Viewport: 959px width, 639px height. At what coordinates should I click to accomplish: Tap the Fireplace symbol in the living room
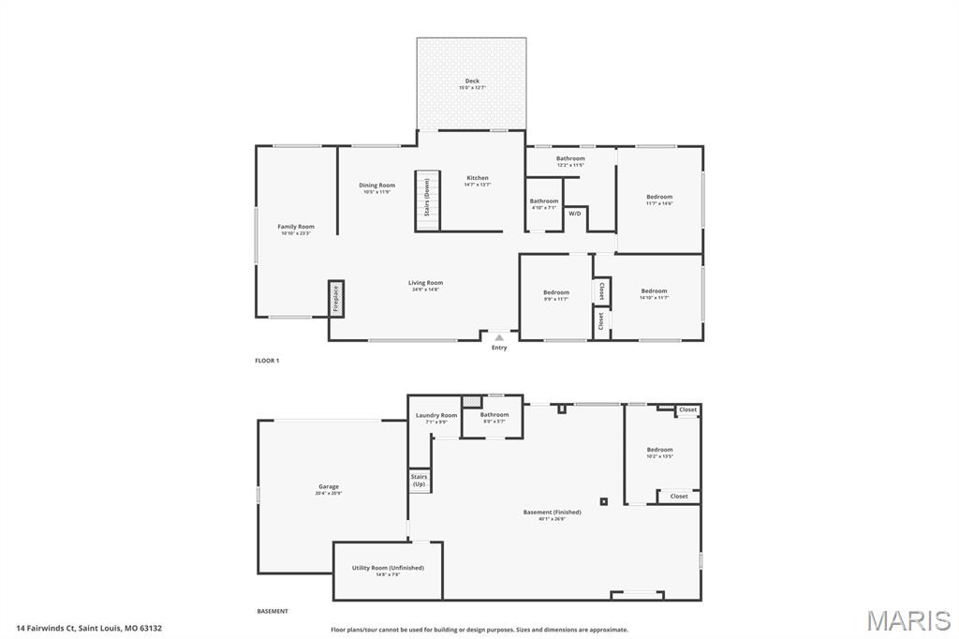335,299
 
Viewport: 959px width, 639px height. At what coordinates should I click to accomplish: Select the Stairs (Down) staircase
427,199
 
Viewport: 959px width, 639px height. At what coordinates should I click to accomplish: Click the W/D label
574,214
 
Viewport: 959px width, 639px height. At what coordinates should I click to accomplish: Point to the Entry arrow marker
499,337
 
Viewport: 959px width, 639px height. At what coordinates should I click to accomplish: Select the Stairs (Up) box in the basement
419,480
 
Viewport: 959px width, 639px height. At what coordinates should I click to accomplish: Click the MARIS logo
907,620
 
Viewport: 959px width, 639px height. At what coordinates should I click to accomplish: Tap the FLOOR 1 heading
267,361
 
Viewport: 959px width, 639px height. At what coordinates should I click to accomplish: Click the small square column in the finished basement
603,501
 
